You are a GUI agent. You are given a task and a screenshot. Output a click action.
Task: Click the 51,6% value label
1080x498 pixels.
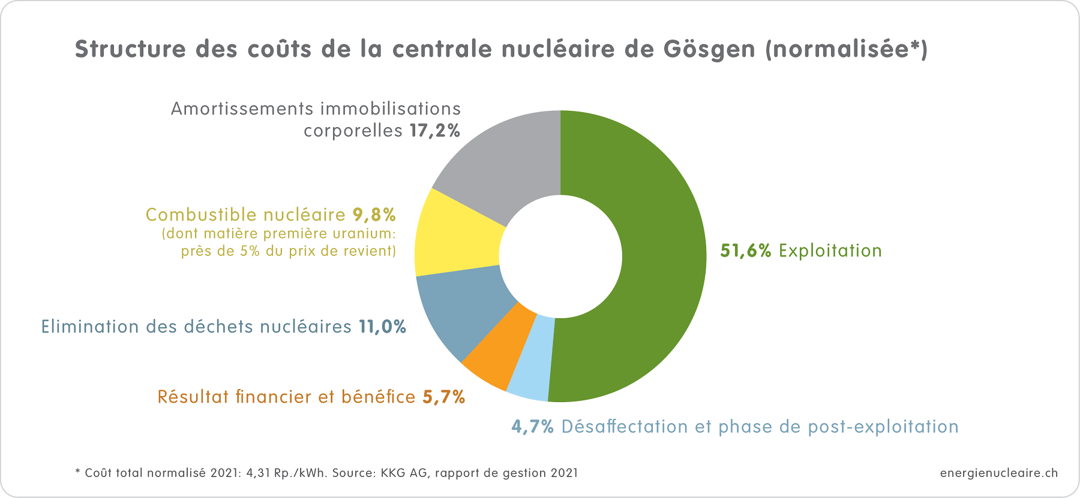click(x=745, y=250)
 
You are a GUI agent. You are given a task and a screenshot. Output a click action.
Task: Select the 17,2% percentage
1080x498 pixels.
click(x=435, y=131)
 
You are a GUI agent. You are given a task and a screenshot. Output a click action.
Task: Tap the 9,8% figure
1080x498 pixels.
click(x=374, y=215)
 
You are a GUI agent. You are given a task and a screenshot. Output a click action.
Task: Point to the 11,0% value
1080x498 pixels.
click(x=382, y=327)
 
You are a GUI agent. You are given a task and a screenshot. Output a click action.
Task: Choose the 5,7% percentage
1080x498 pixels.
click(x=444, y=397)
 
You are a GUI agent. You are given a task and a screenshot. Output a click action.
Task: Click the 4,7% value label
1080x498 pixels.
click(x=532, y=427)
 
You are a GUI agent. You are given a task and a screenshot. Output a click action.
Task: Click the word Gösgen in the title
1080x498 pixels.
click(x=709, y=49)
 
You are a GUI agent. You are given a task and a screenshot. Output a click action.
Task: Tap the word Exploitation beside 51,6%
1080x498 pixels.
click(x=830, y=250)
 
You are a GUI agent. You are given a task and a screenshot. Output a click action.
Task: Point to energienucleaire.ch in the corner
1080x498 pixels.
click(x=998, y=473)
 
